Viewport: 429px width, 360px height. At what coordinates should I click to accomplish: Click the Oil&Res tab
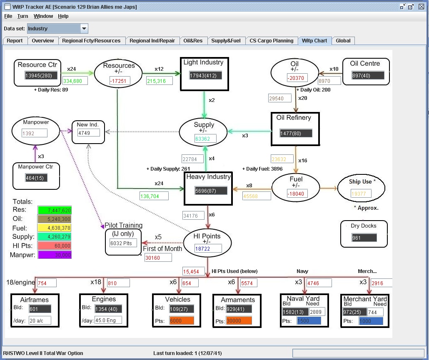tap(193, 41)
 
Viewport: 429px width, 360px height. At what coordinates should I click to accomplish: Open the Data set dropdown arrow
tap(84, 29)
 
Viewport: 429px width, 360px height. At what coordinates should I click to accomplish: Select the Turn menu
tap(23, 16)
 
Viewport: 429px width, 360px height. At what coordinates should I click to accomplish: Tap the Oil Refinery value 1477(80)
tap(296, 133)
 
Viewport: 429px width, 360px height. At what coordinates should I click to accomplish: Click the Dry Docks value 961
tap(359, 238)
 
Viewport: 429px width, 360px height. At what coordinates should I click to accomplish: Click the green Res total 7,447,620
tap(54, 210)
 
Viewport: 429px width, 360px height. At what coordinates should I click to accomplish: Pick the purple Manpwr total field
tap(54, 255)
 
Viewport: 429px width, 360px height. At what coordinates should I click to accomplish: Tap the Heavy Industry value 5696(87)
tap(211, 191)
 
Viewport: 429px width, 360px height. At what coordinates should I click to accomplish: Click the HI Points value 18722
tap(208, 248)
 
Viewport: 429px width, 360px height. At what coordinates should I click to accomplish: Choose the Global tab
tap(343, 41)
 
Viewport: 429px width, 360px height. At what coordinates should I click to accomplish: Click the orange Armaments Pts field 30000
tap(239, 321)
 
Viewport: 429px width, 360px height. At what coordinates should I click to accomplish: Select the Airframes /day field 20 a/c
tap(40, 320)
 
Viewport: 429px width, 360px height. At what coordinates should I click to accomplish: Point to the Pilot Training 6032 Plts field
tap(123, 243)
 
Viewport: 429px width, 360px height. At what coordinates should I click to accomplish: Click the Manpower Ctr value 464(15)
tap(36, 178)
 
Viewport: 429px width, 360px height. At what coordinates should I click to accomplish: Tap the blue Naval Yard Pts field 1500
tap(309, 321)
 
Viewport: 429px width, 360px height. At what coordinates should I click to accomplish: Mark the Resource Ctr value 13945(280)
tap(41, 75)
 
